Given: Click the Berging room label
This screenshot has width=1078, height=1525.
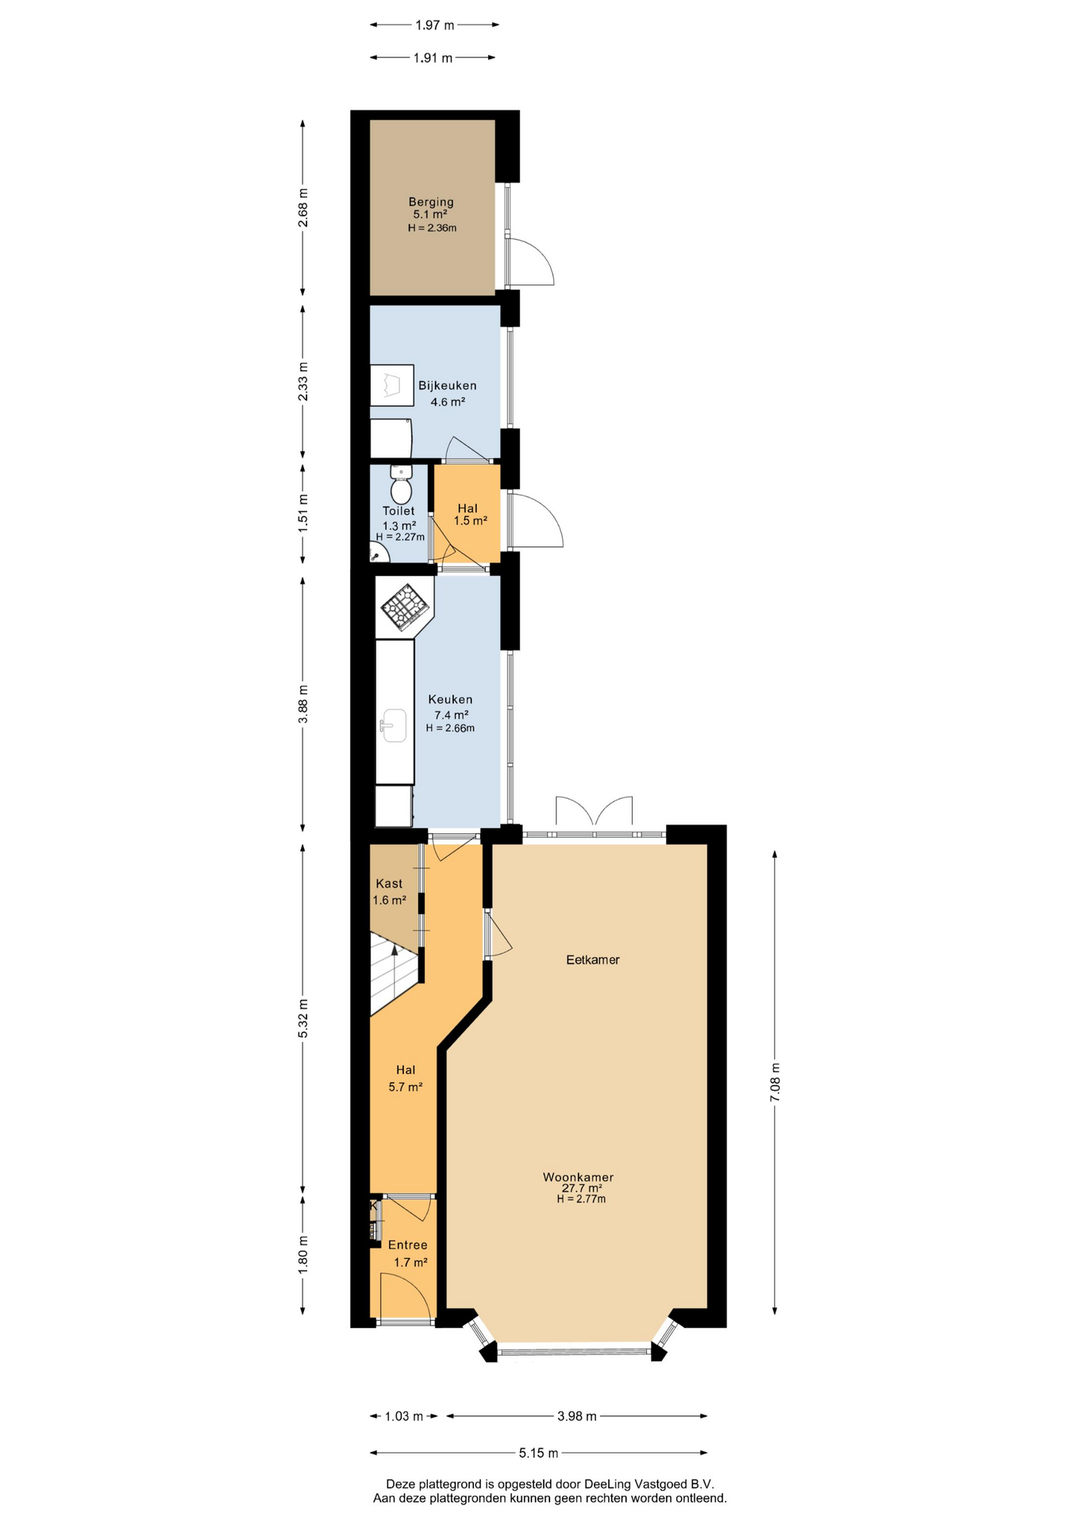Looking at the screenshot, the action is (x=431, y=202).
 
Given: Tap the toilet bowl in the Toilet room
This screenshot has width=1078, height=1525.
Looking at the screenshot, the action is (x=402, y=485).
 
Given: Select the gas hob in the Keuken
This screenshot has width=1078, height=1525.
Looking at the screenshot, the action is (x=406, y=608).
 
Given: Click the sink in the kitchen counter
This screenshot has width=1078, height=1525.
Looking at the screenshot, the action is (x=394, y=725).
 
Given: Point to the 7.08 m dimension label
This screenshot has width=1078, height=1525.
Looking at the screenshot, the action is (x=776, y=1082).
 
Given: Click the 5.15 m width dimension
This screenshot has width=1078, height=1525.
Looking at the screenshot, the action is (x=539, y=1453).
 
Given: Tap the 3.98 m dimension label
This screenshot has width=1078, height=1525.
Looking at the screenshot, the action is (x=577, y=1415).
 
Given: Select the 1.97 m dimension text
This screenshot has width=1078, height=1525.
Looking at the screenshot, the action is (x=435, y=25).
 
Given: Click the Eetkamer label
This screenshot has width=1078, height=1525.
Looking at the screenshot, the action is (x=593, y=959).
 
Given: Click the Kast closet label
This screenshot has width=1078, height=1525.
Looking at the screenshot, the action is (x=389, y=883).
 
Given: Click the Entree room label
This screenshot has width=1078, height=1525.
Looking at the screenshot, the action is (x=408, y=1245).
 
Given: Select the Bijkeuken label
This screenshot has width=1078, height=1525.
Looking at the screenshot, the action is (x=448, y=385).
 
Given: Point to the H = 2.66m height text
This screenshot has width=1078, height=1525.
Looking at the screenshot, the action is (x=450, y=728).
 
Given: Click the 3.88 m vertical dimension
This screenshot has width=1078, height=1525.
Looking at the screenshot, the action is (x=302, y=704).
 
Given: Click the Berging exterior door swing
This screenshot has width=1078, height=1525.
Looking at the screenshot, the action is (x=530, y=261).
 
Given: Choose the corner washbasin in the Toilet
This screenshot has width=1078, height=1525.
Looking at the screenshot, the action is (x=378, y=553).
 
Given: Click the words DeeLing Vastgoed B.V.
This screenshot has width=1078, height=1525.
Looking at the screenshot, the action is (x=649, y=1484).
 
